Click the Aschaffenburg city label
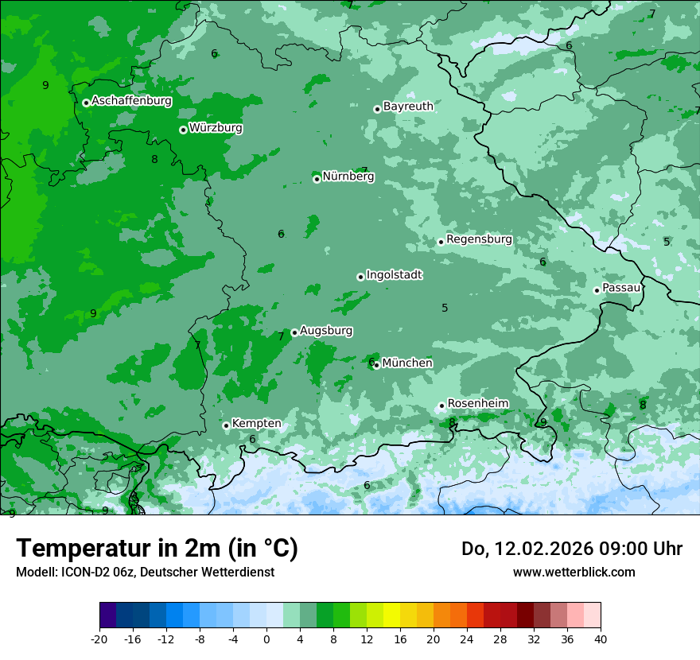coord(131,101)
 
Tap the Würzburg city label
coord(216,128)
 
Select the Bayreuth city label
coord(408,107)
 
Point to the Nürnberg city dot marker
coord(317,179)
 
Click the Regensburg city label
coord(479,239)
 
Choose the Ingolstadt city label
coord(394,275)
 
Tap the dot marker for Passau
coord(597,290)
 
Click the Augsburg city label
coord(326,331)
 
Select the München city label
coord(407,363)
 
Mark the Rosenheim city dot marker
coord(441,406)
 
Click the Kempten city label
coord(256,424)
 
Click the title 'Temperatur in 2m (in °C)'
coord(157,549)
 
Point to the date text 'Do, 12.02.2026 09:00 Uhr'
coord(572,549)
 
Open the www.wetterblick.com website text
coord(574,572)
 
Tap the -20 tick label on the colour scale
coord(99,639)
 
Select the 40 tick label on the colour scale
coord(601,639)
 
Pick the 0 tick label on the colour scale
coord(266,639)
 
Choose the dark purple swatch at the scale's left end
coord(108,615)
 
